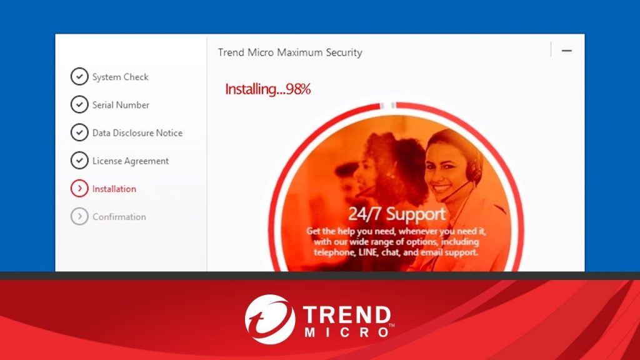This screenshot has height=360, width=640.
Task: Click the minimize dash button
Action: [x=566, y=51]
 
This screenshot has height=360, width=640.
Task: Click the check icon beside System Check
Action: [x=79, y=76]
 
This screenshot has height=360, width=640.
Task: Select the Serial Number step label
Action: [x=121, y=105]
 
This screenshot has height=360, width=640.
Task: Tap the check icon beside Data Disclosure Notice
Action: [x=79, y=132]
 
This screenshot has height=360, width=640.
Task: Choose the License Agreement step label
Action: [x=131, y=161]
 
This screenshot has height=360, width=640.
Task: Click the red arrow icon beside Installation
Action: [x=79, y=188]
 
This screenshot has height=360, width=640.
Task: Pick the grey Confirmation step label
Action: [x=119, y=217]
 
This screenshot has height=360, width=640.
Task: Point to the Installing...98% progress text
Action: [x=267, y=89]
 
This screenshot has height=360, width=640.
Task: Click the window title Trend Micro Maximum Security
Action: [x=290, y=52]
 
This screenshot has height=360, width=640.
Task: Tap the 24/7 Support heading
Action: [x=397, y=214]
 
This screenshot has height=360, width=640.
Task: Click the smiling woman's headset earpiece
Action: [x=474, y=171]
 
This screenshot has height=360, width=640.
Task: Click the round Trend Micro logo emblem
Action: [x=270, y=319]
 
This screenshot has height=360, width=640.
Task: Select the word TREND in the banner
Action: [x=347, y=316]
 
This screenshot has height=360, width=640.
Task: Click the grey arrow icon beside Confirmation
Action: [x=79, y=216]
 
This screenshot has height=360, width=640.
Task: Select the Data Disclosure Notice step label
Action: [x=137, y=132]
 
